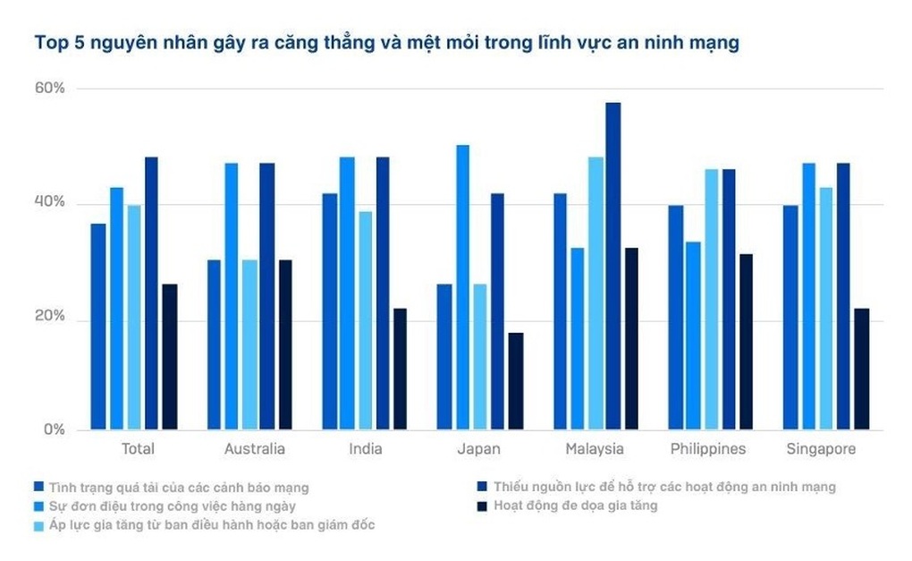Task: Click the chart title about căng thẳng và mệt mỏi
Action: tap(386, 43)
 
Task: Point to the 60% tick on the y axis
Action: tap(50, 89)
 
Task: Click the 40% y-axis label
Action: tap(50, 203)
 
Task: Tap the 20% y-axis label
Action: tap(50, 317)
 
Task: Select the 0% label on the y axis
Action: tap(55, 430)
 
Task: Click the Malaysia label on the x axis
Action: tap(595, 449)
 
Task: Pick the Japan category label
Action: tap(479, 449)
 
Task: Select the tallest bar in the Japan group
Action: tap(462, 287)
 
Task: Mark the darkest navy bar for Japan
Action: tap(515, 381)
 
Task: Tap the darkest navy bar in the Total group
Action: tap(169, 357)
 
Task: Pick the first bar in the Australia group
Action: tap(214, 344)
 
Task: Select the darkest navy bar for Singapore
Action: tap(861, 369)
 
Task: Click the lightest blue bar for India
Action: tap(365, 320)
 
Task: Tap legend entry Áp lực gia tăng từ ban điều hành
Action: tap(210, 525)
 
